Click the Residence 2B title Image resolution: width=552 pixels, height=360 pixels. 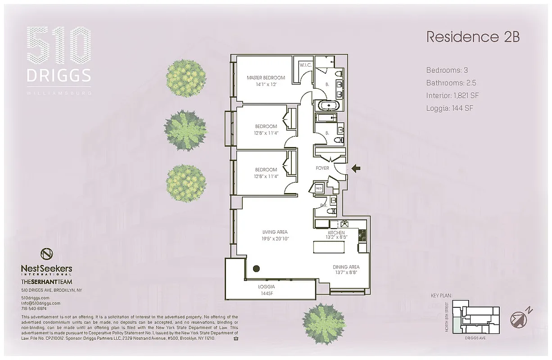473,37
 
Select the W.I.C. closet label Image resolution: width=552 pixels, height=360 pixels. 306,65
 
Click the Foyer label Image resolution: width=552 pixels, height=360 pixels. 322,168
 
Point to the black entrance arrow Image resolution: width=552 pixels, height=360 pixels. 356,169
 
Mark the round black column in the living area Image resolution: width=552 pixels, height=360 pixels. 256,269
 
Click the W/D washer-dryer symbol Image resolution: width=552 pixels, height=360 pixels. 319,188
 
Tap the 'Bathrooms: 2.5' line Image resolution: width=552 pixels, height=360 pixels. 451,83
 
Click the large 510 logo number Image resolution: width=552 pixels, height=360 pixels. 59,46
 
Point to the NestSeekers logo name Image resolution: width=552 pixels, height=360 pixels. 46,269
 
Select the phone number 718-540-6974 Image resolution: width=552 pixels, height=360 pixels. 34,309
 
